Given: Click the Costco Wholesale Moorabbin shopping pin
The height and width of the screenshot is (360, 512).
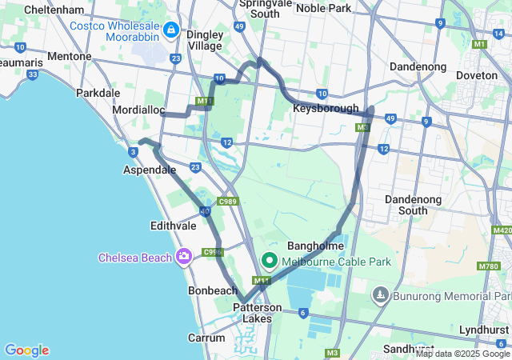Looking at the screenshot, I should tap(170, 30).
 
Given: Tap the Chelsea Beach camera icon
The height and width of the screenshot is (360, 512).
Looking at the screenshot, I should tap(185, 257).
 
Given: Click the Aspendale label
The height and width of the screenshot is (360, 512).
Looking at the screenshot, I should tap(149, 170).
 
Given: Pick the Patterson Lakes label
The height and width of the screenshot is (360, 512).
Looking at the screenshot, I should tap(258, 313).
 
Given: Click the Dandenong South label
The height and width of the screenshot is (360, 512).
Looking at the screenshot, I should tap(417, 204).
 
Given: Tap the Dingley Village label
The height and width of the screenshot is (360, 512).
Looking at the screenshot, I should tap(203, 40).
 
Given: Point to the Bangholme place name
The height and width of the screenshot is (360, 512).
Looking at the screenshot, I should tap(316, 246).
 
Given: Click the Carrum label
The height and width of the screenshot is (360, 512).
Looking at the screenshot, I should tap(207, 338).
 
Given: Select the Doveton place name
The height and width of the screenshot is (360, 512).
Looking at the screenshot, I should tap(477, 74).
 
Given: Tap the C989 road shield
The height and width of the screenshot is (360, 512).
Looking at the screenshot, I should tap(227, 201).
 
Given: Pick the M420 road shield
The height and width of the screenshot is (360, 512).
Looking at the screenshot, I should tap(502, 230).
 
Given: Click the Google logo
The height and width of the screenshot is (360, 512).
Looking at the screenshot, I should tap(26, 350).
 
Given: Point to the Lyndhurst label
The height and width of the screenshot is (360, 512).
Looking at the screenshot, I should tap(484, 330).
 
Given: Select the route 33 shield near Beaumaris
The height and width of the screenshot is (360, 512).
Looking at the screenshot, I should tap(32, 75).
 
